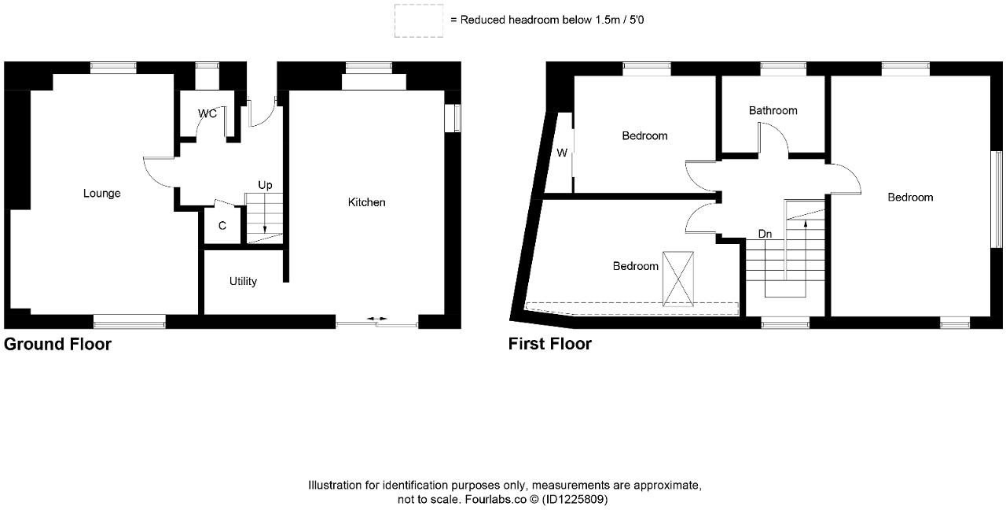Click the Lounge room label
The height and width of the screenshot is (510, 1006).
tap(102, 194)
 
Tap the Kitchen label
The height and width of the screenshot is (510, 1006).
tap(367, 202)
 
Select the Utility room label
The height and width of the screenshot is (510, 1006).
tap(243, 281)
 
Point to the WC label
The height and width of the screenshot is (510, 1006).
tap(207, 114)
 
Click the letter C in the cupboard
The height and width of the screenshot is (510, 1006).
tap(222, 226)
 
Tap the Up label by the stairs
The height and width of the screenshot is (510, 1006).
tap(266, 185)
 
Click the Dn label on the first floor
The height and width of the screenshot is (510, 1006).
tap(765, 234)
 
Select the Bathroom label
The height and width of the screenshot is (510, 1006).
tap(773, 111)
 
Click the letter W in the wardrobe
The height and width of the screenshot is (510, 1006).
tap(562, 153)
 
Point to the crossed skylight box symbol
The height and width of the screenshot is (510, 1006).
tap(679, 279)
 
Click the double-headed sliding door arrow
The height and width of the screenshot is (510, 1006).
tap(377, 319)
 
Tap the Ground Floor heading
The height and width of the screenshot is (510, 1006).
tap(57, 344)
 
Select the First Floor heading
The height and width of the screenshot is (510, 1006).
tap(550, 344)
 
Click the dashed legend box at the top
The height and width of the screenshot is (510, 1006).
tap(418, 21)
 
